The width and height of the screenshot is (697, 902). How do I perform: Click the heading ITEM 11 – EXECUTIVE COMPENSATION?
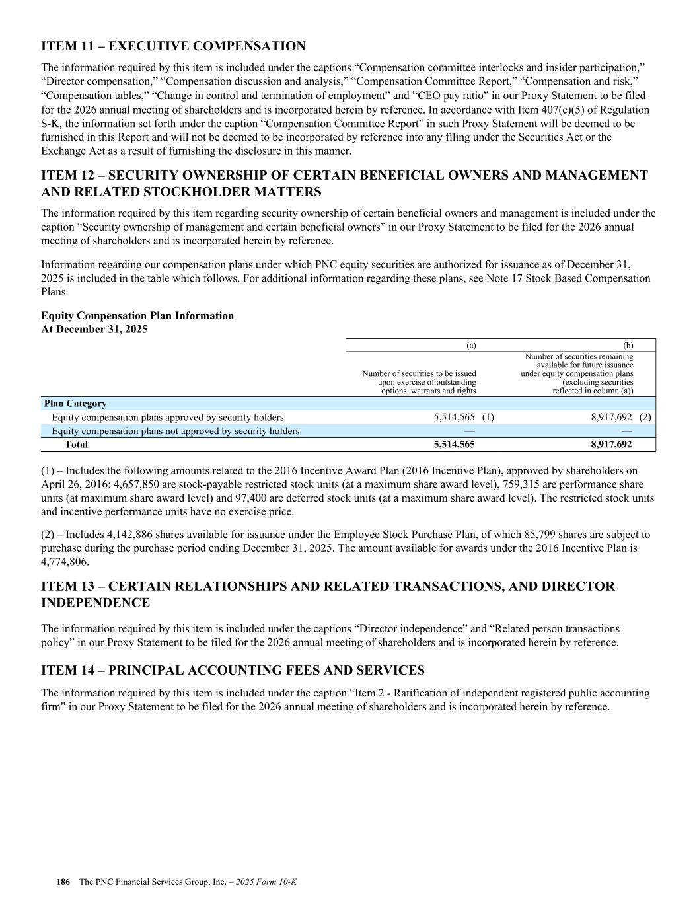(x=173, y=46)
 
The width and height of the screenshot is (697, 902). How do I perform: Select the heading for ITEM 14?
(x=233, y=671)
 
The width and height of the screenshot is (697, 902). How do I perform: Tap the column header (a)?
(x=471, y=345)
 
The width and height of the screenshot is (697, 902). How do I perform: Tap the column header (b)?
(x=628, y=345)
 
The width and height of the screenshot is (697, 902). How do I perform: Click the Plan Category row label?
(x=75, y=404)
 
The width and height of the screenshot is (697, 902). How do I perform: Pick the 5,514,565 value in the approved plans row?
(x=455, y=418)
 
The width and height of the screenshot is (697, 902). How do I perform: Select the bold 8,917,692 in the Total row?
(x=611, y=445)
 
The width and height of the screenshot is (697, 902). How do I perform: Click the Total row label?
(x=76, y=445)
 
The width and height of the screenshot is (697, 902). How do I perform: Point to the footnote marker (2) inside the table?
(x=645, y=418)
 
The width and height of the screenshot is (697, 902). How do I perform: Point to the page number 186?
(x=63, y=882)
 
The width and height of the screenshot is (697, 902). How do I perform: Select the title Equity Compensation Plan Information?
(x=137, y=316)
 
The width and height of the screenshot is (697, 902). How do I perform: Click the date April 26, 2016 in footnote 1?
(x=72, y=484)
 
